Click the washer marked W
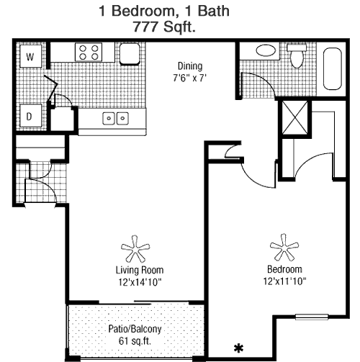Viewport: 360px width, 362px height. coord(30,56)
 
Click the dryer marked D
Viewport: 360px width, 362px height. coord(30,116)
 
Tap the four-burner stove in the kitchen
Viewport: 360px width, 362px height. coord(89,52)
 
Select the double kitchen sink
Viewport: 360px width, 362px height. coord(115,119)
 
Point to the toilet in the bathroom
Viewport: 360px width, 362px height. coord(297,55)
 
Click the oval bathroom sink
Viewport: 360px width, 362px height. coord(266,50)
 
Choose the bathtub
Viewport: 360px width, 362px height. coord(333,68)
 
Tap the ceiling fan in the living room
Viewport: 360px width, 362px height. coord(135,249)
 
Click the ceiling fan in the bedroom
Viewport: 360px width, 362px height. coord(284,248)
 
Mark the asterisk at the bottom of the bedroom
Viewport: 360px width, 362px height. coord(238,348)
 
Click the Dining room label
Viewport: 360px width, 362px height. coord(190,66)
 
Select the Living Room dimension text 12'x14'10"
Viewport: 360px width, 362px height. coord(140,282)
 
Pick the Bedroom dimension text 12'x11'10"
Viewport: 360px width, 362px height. coord(285,281)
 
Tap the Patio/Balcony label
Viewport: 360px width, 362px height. coord(135,329)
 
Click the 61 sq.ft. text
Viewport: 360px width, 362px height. coord(135,341)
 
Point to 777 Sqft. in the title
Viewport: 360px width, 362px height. coord(164,27)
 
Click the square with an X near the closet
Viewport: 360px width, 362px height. coord(294,117)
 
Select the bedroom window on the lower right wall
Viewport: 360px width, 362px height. coord(312,317)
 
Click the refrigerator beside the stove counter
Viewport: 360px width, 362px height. coord(130,54)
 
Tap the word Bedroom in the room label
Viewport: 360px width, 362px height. coord(284,269)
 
